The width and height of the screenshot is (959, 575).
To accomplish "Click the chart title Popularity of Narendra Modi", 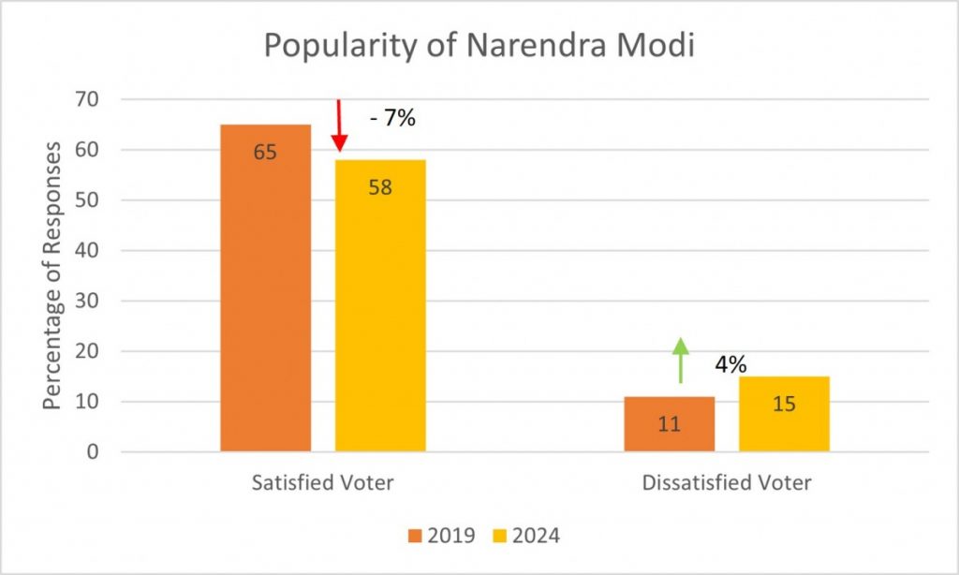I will click(x=479, y=46).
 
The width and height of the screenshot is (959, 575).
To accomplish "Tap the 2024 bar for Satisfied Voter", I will click(x=380, y=309).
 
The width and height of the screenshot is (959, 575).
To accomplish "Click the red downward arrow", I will click(x=339, y=126).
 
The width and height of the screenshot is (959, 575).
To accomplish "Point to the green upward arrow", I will click(x=681, y=361).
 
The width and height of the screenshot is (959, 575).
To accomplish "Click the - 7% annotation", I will click(x=392, y=119).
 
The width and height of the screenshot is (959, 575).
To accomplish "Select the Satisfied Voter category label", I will click(x=323, y=483).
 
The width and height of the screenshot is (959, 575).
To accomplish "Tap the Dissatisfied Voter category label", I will click(x=727, y=483).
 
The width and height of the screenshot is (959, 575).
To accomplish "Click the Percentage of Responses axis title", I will click(x=52, y=275).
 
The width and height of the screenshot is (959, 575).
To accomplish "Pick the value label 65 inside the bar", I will click(x=265, y=152).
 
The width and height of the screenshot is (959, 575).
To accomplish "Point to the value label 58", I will click(x=380, y=186).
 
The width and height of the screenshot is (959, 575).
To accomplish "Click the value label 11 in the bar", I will click(x=669, y=423).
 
